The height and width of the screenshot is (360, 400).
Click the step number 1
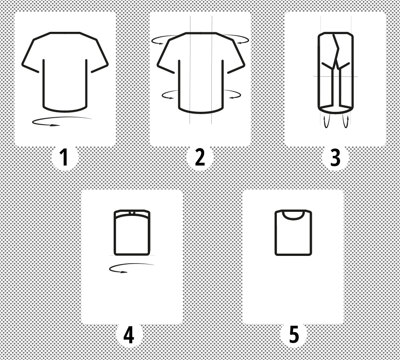point(64,157)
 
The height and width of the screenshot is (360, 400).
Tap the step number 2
point(200,157)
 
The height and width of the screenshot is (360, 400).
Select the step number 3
point(335,157)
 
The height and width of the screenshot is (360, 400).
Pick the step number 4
point(129,335)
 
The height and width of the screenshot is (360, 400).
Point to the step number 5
point(294,335)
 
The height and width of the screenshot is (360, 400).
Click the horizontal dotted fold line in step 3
point(335,76)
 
